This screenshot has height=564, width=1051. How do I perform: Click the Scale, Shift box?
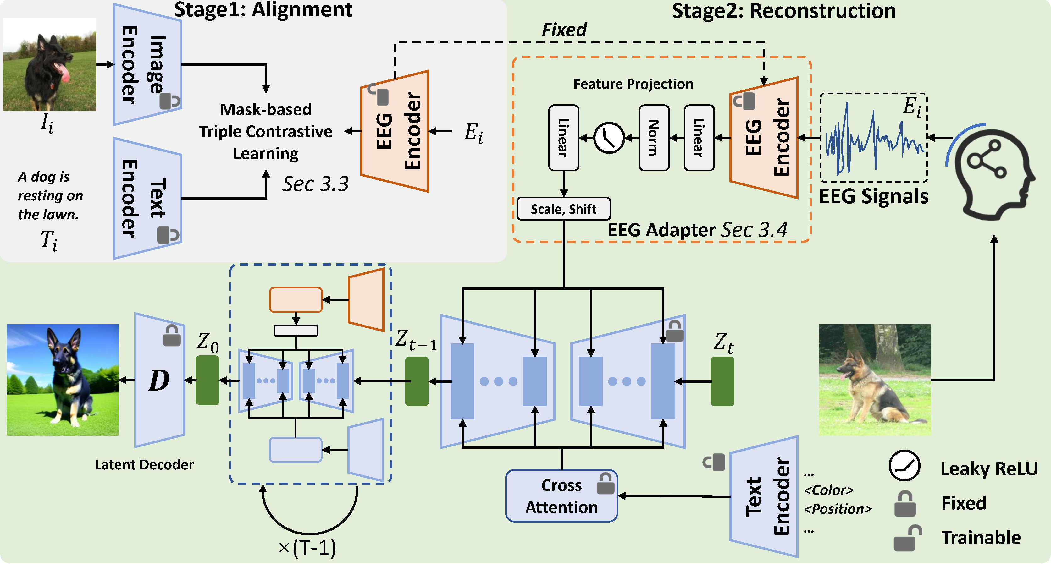click(563, 209)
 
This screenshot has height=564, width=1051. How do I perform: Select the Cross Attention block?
click(561, 496)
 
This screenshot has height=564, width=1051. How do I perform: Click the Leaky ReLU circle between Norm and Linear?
click(609, 138)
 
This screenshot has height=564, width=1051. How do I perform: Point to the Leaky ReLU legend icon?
click(904, 466)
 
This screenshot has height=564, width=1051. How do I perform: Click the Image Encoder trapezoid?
click(147, 64)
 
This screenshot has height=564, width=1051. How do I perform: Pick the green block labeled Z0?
click(207, 380)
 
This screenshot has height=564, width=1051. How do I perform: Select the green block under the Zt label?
click(722, 381)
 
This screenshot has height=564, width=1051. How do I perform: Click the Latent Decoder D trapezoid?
click(159, 380)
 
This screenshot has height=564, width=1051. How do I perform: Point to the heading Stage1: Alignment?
click(263, 10)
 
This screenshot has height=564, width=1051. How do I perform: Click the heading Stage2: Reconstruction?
click(783, 11)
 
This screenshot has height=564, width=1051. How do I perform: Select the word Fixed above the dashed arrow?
click(564, 30)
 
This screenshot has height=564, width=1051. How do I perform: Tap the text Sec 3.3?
click(315, 184)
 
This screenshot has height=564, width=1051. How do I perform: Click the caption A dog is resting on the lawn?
click(50, 195)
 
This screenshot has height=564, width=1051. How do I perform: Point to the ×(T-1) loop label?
click(307, 547)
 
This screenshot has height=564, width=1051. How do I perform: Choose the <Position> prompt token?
click(837, 509)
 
